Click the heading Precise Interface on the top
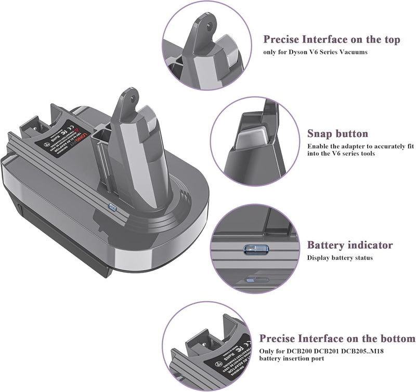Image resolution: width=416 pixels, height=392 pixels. coord(331,39)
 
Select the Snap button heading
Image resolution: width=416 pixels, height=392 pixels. coord(337,133)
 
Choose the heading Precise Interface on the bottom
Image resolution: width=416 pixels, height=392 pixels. coord(337,339)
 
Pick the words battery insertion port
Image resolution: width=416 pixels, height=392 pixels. coord(293,359)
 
